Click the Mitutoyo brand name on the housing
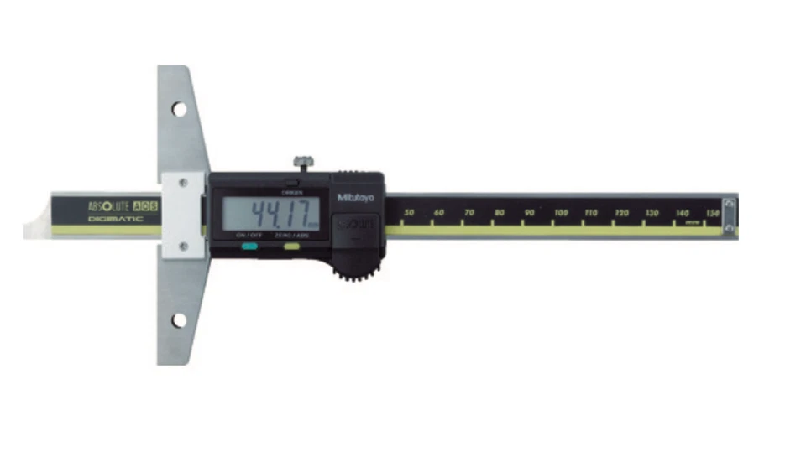(x=356, y=198)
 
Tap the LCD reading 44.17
(x=268, y=214)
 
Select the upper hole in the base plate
(x=179, y=108)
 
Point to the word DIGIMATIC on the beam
(x=115, y=219)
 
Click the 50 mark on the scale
(x=409, y=213)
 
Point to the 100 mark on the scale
(x=560, y=213)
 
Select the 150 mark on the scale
(x=712, y=213)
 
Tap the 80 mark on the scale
(x=500, y=213)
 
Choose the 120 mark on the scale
(x=621, y=213)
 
